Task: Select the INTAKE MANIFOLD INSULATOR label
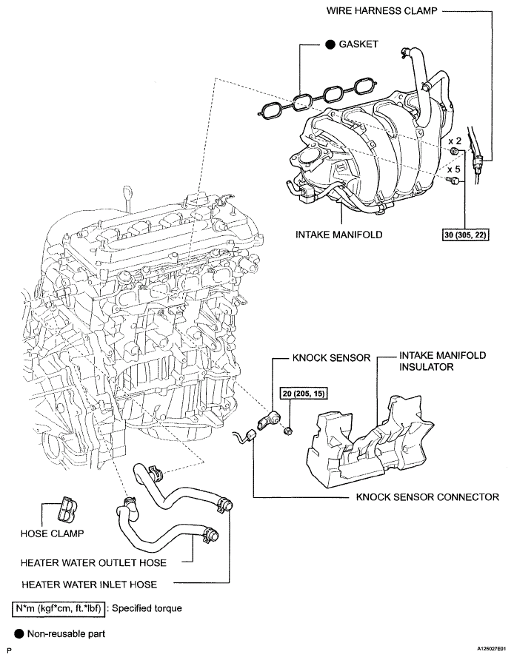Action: point(441,361)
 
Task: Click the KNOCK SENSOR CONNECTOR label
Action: point(427,496)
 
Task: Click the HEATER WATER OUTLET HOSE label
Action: point(93,562)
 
